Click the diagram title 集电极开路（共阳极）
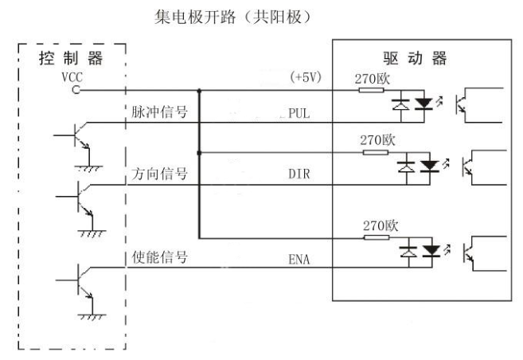[232, 17]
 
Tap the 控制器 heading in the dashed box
[71, 58]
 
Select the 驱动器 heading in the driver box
[415, 59]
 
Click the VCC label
[72, 77]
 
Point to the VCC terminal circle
[76, 90]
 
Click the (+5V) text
[306, 77]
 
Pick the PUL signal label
[299, 113]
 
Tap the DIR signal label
[299, 174]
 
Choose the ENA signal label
[299, 259]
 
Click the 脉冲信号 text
[159, 112]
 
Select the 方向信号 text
[159, 174]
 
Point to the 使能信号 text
[159, 257]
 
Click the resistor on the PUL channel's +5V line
[371, 90]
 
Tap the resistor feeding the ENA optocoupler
[377, 237]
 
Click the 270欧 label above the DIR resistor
[377, 140]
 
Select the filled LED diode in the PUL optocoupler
[424, 104]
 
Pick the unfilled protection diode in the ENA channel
[408, 251]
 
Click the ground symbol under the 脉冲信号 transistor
[88, 168]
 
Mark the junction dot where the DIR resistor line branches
[199, 153]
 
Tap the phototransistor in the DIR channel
[467, 166]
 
